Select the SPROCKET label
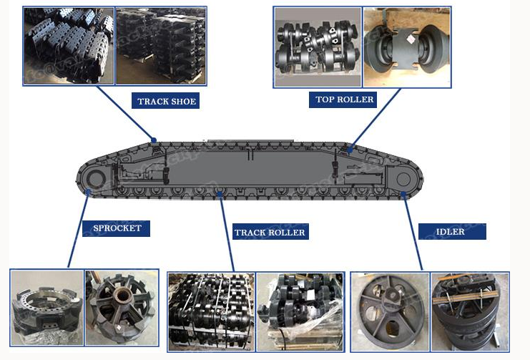pyautogui.click(x=117, y=228)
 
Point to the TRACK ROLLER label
pyautogui.click(x=270, y=232)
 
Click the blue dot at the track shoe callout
pyautogui.click(x=154, y=140)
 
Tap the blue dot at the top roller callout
pyautogui.click(x=350, y=149)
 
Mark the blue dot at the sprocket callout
pyautogui.click(x=88, y=192)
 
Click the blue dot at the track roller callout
pyautogui.click(x=220, y=193)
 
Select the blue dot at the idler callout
pyautogui.click(x=403, y=193)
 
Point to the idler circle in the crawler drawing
pyautogui.click(x=403, y=179)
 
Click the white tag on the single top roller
pyautogui.click(x=411, y=39)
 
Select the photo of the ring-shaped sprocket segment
pyautogui.click(x=47, y=308)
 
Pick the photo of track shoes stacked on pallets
pyautogui.click(x=161, y=46)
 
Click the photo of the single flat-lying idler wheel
pyautogui.click(x=390, y=311)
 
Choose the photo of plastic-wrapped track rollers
pyautogui.click(x=300, y=311)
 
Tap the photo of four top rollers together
pyautogui.click(x=318, y=47)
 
